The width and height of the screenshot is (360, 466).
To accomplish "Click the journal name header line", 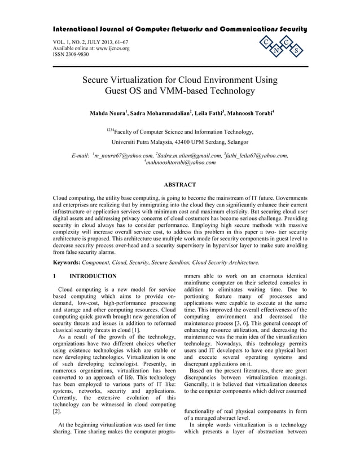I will click(180, 28).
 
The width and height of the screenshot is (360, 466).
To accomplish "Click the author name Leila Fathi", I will click(209, 113).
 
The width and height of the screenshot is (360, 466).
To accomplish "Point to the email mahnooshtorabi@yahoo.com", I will click(181, 163).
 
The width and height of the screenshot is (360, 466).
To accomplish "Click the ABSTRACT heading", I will click(179, 184).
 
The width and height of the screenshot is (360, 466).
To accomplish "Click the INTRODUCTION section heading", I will click(93, 276).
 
